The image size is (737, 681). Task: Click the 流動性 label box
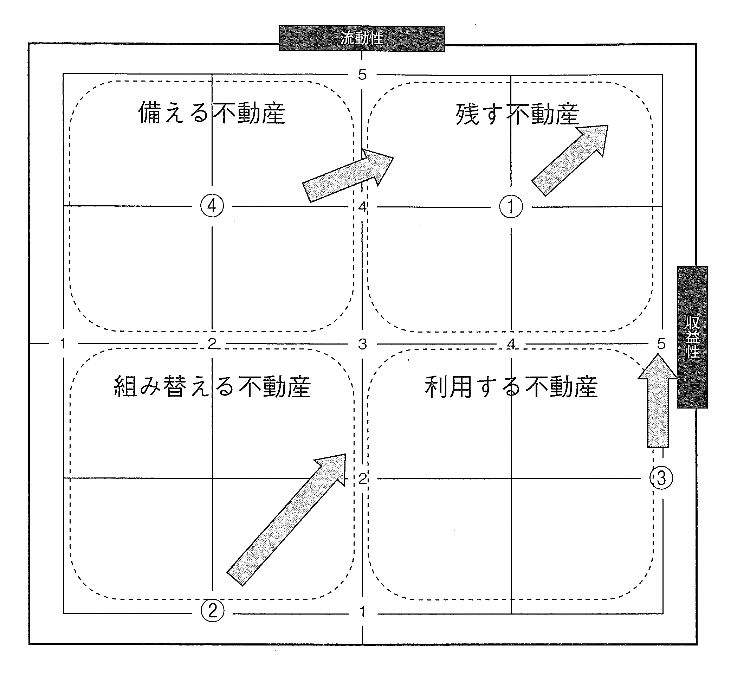tap(361, 38)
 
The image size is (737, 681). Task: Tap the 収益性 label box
tap(692, 337)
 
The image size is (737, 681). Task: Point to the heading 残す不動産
tap(517, 114)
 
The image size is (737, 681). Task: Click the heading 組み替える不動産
tap(212, 387)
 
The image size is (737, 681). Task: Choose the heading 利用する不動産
tap(511, 387)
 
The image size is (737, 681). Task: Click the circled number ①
tap(511, 207)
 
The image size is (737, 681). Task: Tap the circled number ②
tap(213, 611)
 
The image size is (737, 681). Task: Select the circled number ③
tap(661, 478)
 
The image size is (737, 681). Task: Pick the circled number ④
tap(212, 206)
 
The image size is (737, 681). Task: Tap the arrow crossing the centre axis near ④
tap(348, 175)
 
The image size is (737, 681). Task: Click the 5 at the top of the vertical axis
tap(362, 75)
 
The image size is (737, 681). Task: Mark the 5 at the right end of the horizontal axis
tap(661, 344)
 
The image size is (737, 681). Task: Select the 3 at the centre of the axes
tap(362, 344)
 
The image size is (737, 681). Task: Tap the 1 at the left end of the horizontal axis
tap(63, 343)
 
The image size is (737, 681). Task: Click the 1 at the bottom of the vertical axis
tap(362, 612)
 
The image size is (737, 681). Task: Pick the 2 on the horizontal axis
tap(212, 343)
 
